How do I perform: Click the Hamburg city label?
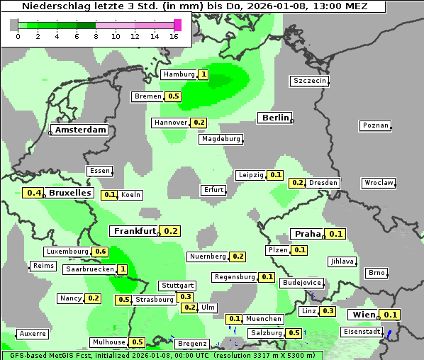point(179,74)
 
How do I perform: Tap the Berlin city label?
point(275,118)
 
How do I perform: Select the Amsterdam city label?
point(80,130)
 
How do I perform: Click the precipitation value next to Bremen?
point(174,96)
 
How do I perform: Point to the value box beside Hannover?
point(199,123)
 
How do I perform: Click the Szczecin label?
point(310,81)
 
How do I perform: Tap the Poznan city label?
point(375,125)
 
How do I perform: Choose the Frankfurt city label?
point(134,231)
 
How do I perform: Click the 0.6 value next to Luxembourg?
point(100,252)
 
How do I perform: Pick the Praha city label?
point(308,234)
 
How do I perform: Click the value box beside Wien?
point(391,315)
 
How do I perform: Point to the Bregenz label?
point(191,344)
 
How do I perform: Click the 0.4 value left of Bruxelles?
point(33,192)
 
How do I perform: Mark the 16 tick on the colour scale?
point(174,36)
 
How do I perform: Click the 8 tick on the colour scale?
point(96,36)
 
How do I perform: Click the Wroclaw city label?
point(379,183)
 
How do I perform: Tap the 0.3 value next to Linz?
point(328,311)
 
